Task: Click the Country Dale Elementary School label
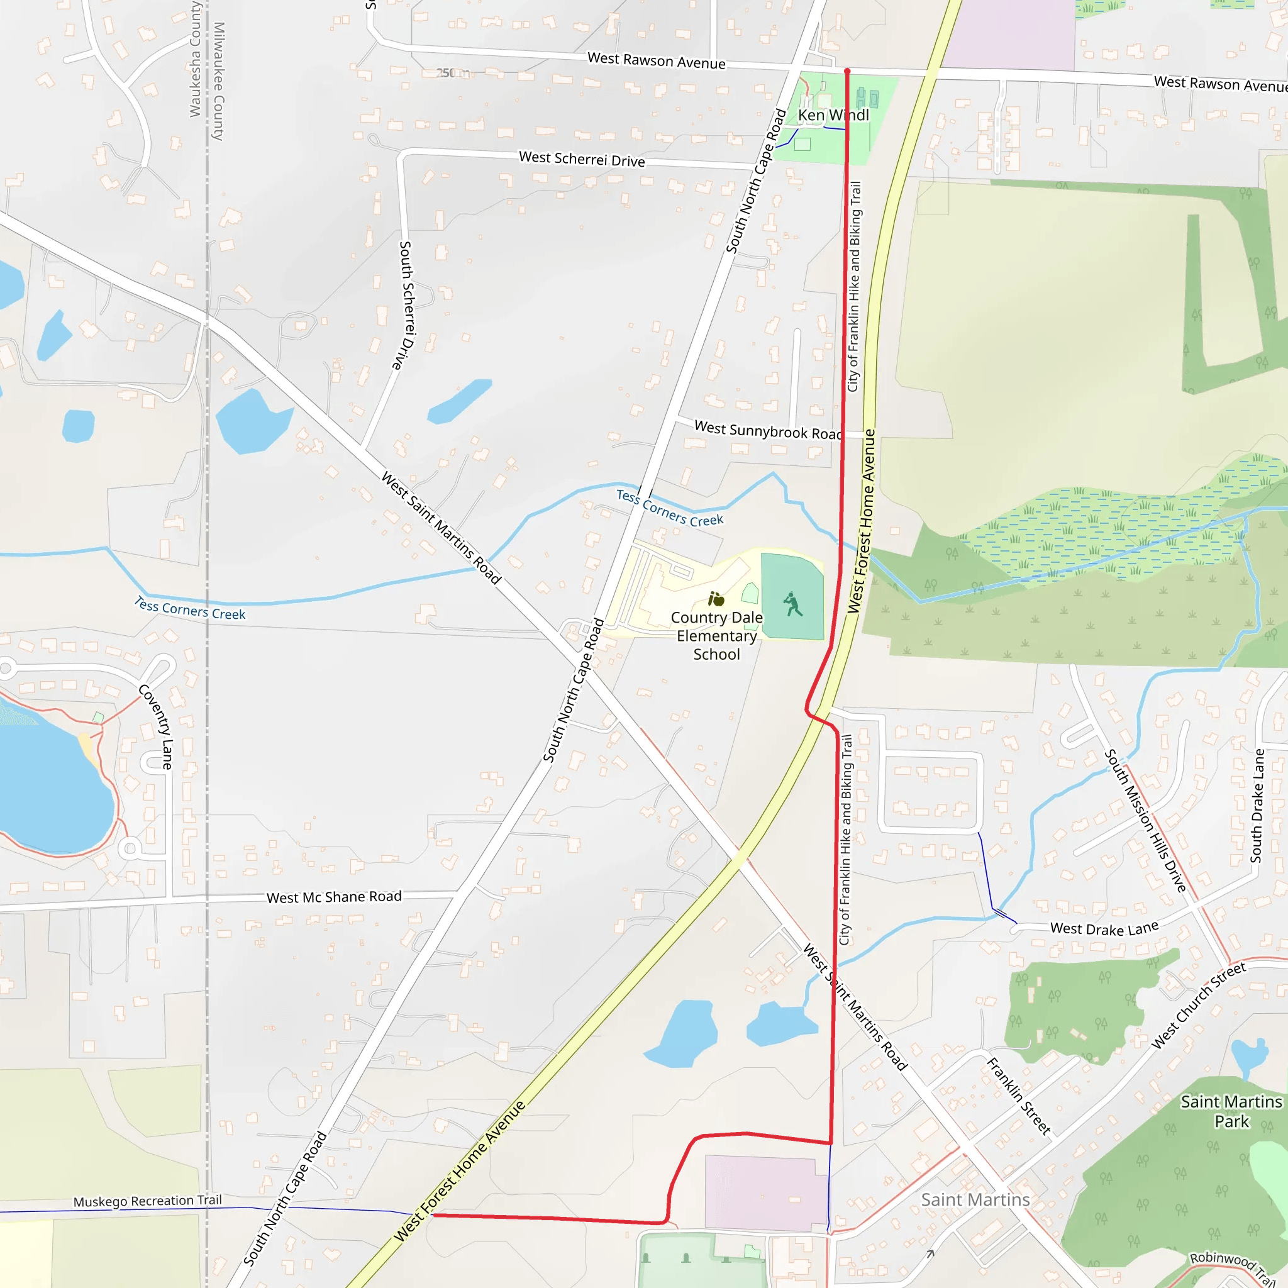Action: coord(717,636)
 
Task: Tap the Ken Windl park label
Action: coord(833,115)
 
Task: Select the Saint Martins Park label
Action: coord(1231,1111)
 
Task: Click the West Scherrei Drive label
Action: coord(582,159)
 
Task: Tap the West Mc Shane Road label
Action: coord(334,897)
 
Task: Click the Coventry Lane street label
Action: coord(156,726)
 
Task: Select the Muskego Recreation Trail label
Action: coord(147,1201)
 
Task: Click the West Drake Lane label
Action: coord(1104,928)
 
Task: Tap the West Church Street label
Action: coord(1198,1006)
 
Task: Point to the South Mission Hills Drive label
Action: coord(1145,821)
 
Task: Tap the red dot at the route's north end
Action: coord(847,70)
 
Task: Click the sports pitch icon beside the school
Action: coord(792,604)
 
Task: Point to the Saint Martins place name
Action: coord(975,1200)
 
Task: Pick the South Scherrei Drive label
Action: coord(408,305)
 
